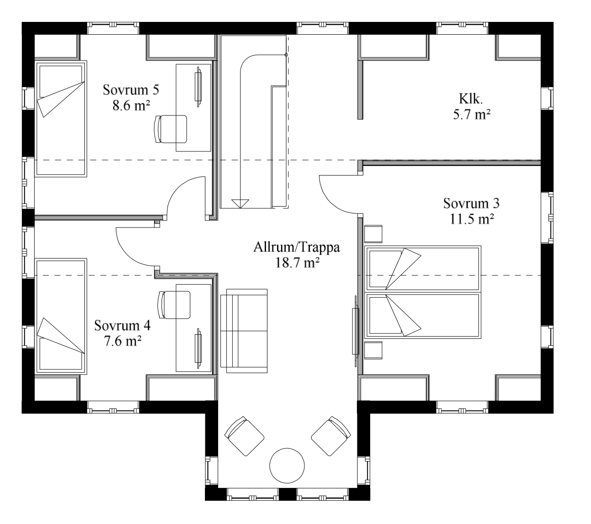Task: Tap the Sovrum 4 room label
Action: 122,326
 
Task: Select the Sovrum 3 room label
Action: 471,203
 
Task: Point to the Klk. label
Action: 471,99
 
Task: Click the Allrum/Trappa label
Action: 297,248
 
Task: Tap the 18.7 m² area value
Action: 297,263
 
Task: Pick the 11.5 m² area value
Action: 471,219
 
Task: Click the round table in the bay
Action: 287,466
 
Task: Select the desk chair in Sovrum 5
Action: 171,129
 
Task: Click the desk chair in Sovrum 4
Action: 174,305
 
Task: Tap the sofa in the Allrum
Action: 244,331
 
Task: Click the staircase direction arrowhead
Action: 240,203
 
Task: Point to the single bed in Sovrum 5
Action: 61,119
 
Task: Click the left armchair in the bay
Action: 245,436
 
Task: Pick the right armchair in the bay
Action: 331,436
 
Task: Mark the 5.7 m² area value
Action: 471,114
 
